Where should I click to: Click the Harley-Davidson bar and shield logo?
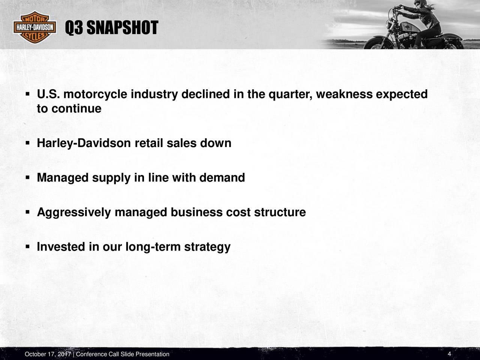click(x=35, y=27)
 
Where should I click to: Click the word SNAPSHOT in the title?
click(x=123, y=28)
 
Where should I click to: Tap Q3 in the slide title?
click(x=74, y=28)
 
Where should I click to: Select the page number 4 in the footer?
click(x=449, y=354)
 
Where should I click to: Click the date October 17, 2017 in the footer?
click(x=48, y=354)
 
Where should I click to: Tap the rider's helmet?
click(x=423, y=3)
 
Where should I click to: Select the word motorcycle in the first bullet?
click(x=95, y=94)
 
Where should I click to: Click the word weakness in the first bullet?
click(x=344, y=94)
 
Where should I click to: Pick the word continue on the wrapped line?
click(x=76, y=109)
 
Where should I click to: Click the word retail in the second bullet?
click(x=149, y=143)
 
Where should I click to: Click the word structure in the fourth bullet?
click(x=280, y=212)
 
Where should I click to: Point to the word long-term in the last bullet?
click(x=153, y=247)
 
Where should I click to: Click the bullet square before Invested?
click(x=27, y=247)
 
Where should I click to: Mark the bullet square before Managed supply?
click(x=27, y=177)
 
